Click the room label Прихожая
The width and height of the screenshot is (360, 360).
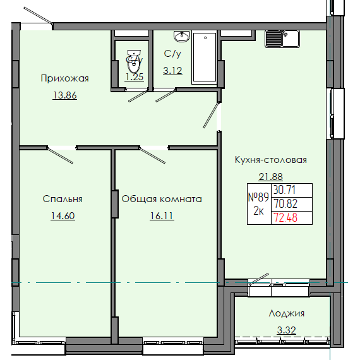[64, 78]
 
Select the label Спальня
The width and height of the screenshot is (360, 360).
[63, 198]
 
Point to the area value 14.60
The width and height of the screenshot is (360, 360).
[63, 215]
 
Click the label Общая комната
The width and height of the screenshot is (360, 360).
[162, 198]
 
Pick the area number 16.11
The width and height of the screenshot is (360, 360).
[161, 215]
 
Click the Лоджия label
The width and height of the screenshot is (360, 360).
[286, 313]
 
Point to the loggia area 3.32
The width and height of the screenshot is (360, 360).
[286, 329]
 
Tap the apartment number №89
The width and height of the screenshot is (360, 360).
[258, 196]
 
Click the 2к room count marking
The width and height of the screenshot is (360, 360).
[258, 212]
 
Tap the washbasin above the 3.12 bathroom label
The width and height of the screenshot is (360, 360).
[183, 35]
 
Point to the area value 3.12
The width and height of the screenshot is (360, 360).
[172, 71]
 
